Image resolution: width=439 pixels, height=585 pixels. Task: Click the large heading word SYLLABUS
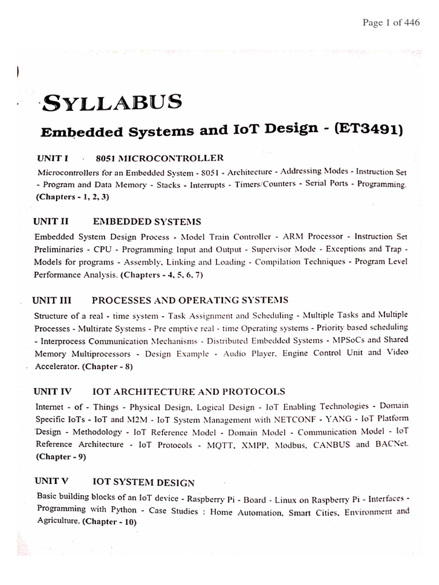[x=113, y=103]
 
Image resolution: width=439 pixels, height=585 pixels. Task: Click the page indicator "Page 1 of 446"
[x=392, y=23]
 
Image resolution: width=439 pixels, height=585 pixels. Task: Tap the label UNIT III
[x=55, y=299]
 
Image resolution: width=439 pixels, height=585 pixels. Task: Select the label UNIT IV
[x=53, y=391]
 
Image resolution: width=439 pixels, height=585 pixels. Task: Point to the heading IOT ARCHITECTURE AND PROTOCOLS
[x=189, y=391]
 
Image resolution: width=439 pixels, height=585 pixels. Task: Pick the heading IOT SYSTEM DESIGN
[x=143, y=482]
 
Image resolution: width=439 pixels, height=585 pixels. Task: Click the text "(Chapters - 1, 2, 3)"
[x=73, y=197]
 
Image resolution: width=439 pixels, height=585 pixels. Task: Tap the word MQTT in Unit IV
[x=233, y=444]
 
